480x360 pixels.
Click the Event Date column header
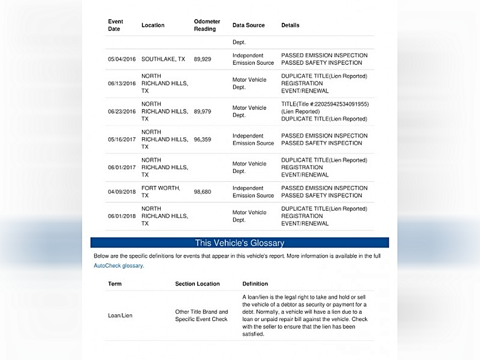point(116,25)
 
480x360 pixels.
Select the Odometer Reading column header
point(207,25)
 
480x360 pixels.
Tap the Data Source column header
point(249,25)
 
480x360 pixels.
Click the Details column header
point(290,25)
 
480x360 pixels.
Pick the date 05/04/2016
point(122,59)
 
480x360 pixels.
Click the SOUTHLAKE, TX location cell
point(163,59)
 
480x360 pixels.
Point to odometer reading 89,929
point(203,59)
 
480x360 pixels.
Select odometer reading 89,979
point(203,111)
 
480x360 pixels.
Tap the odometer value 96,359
point(203,139)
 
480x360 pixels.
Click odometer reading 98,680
point(203,192)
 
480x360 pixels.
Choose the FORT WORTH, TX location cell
point(161,192)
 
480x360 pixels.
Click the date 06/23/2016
point(122,111)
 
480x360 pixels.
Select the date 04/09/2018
point(122,192)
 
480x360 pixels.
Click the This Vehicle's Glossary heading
point(240,243)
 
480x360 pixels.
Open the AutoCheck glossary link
point(118,265)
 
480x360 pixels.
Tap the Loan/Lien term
point(120,315)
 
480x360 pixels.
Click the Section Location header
point(197,284)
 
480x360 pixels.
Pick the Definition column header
point(255,284)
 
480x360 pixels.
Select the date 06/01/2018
point(122,216)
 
